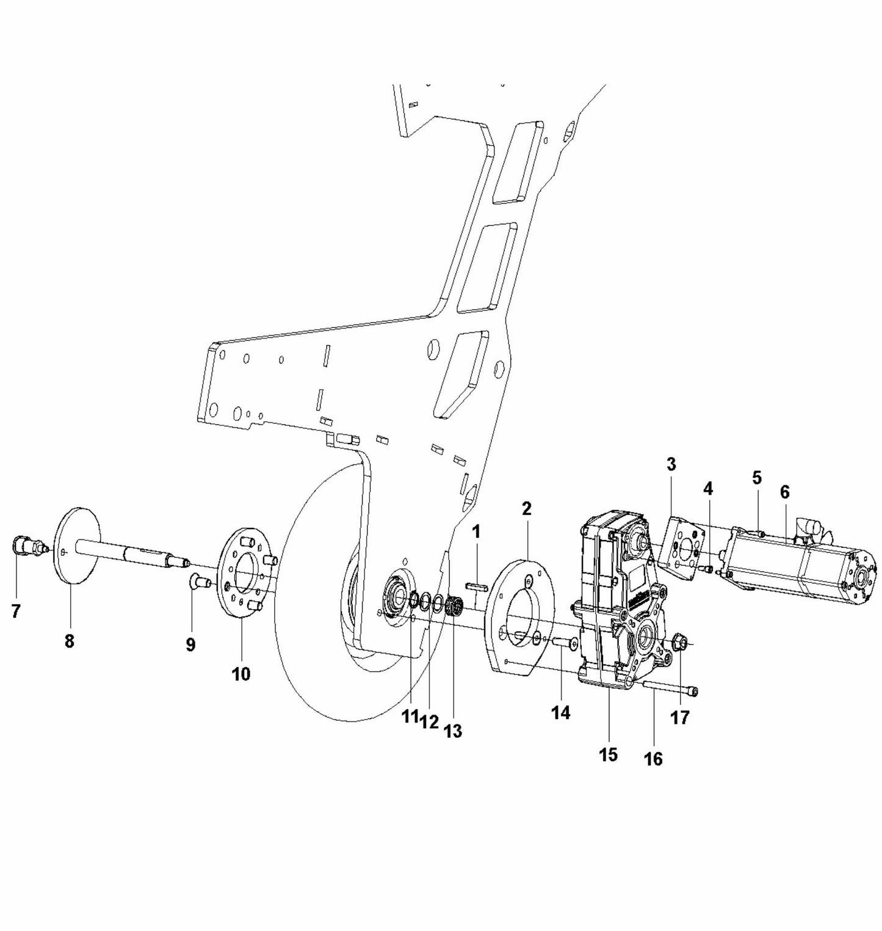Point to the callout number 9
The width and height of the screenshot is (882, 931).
click(190, 644)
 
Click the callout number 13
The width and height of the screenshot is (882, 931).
click(453, 731)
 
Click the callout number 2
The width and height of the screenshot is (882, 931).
click(527, 508)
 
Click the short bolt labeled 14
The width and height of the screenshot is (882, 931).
click(564, 643)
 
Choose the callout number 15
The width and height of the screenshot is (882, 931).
click(608, 754)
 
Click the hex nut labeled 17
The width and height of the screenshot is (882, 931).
click(681, 643)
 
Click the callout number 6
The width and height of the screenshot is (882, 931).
click(784, 491)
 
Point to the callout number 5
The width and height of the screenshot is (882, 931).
click(757, 478)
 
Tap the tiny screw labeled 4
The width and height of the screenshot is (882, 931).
click(709, 569)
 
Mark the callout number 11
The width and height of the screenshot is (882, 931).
click(410, 717)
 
